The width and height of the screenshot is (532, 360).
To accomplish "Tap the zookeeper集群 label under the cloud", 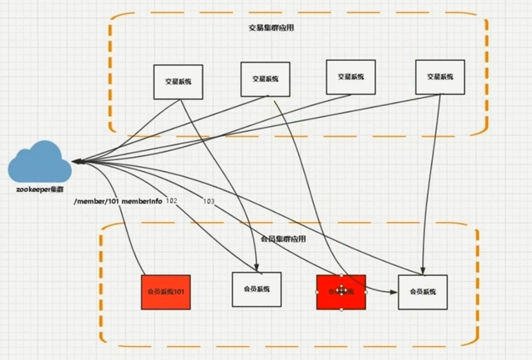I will pos(40,188).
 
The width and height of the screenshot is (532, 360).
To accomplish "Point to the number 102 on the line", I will pos(172,201).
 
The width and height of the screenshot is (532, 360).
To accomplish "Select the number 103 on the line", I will pos(208,202).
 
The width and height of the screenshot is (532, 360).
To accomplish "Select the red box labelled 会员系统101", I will pos(165,292).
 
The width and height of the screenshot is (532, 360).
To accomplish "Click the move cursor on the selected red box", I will pos(341,291).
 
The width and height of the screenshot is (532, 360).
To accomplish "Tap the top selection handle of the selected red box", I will pos(341,275).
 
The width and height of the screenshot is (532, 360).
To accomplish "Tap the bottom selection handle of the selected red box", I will pos(341,309).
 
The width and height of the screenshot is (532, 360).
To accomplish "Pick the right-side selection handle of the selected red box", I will pos(366,292).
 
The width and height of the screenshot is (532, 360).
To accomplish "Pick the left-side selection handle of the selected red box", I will pos(317,292).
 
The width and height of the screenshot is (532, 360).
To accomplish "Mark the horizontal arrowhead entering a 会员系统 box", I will pos(393,292).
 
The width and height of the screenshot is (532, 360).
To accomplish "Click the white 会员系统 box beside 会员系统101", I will pos(256,289).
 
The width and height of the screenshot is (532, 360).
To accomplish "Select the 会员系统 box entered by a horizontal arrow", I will pos(422,292).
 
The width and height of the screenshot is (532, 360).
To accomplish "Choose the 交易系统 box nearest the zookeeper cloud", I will pos(178,81).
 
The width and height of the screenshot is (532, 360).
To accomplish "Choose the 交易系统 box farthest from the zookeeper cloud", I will pos(440,77).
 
